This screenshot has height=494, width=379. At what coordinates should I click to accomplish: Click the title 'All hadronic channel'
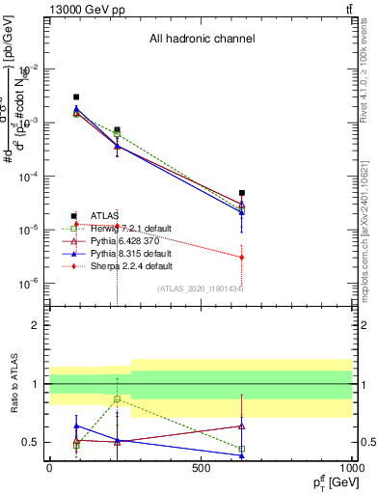coord(202,40)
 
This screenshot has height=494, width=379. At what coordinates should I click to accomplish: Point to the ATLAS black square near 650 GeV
coord(242,193)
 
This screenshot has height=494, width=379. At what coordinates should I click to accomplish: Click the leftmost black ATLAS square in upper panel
coord(76,97)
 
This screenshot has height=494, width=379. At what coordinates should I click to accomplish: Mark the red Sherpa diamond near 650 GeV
coord(242,258)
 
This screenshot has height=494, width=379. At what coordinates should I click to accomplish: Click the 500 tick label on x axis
coord(201,468)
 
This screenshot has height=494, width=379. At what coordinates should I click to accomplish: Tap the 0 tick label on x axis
coord(49,468)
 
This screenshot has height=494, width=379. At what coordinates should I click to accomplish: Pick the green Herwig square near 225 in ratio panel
coord(117,398)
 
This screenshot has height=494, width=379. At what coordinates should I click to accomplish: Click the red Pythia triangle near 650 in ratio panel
coord(242,425)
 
